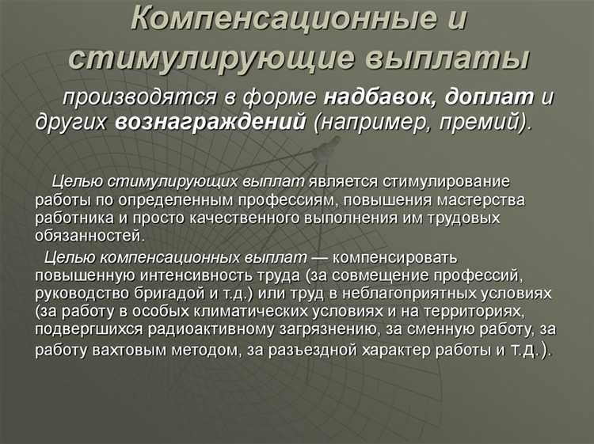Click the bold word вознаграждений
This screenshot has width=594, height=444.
pyautogui.click(x=210, y=123)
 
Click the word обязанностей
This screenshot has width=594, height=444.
pyautogui.click(x=89, y=235)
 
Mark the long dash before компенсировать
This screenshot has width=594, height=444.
pyautogui.click(x=322, y=257)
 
